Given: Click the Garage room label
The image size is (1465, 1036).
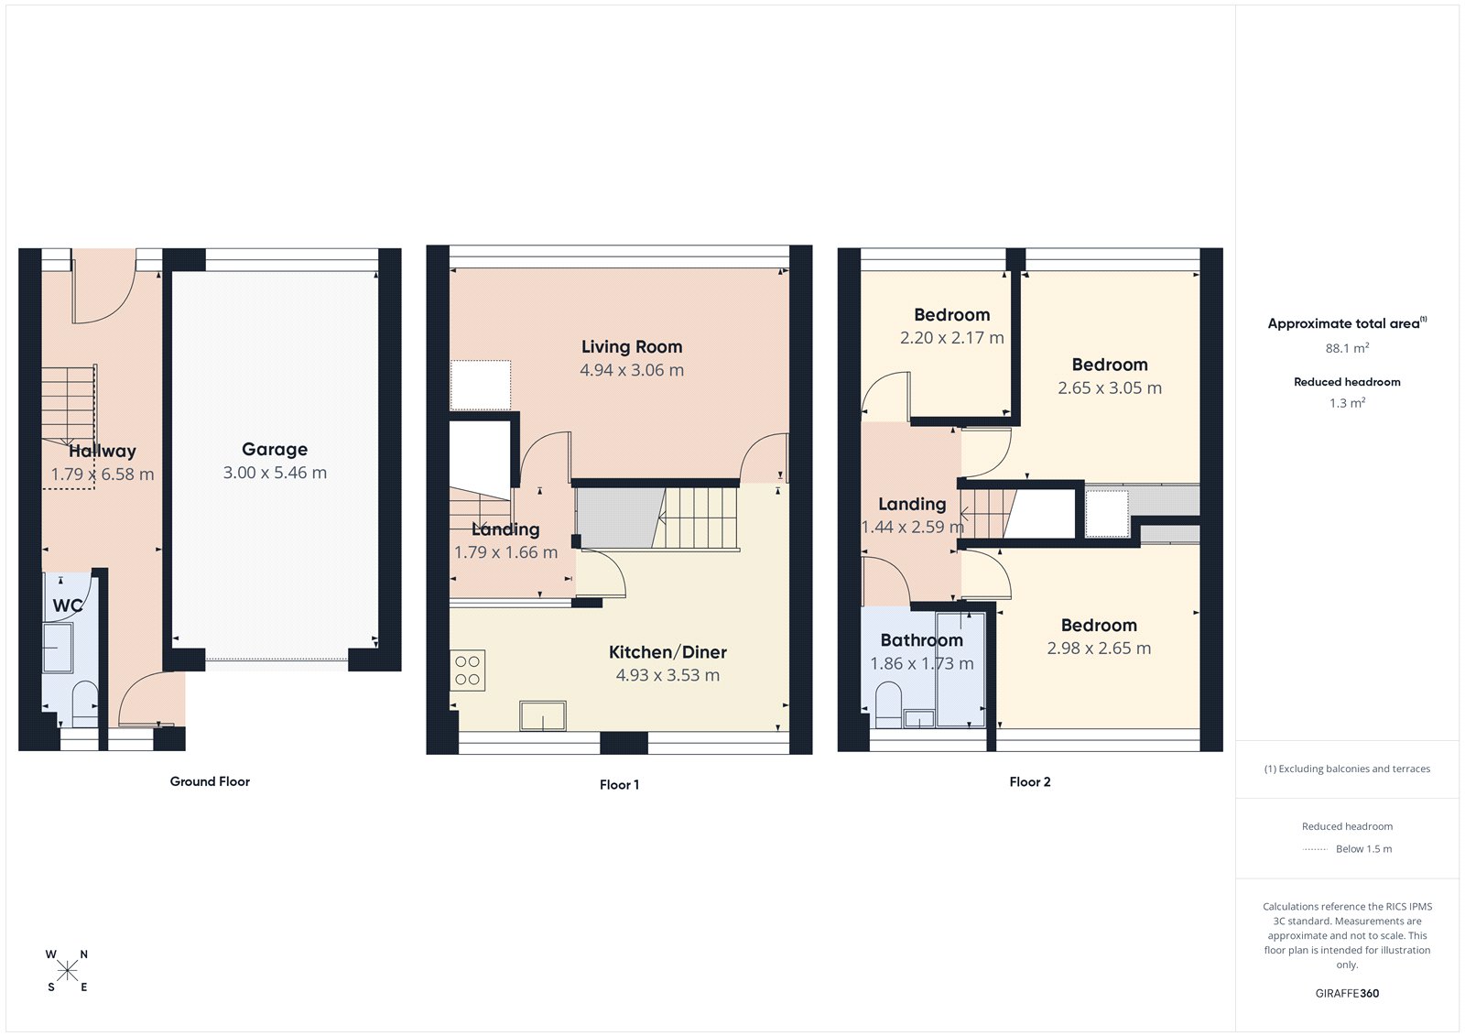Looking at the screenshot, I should pos(275,450).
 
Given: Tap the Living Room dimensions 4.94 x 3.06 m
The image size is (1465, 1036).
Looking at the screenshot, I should pos(632,370).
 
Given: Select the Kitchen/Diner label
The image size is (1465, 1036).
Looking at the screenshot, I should pos(667,652).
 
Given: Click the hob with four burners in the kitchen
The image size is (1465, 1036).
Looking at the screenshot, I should pos(467,671).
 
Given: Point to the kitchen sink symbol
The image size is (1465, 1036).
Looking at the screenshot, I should pos(543,715).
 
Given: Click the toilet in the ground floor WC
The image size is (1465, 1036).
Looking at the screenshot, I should pos(84,703).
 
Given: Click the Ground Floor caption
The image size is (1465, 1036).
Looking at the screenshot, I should pos(210,781).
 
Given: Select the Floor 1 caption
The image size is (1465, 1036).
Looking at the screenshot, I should pos(619,784).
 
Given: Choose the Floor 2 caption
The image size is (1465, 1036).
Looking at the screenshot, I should pos(1030,781).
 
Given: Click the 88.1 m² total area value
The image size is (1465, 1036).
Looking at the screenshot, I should pos(1347,348).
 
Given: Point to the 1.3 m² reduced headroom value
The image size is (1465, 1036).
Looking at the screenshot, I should pos(1347,403).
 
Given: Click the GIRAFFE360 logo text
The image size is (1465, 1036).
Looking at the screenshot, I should pos(1347,993).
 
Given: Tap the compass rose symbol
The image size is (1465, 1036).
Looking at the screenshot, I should pos(67,971).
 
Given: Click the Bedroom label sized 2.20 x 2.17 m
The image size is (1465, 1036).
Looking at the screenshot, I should pos(951,315).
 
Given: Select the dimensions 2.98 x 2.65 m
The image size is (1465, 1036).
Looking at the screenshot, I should pos(1099,648).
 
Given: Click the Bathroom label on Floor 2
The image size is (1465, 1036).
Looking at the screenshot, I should pos(921,640).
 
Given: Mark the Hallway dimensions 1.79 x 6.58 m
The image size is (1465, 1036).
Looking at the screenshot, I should pos(103,474).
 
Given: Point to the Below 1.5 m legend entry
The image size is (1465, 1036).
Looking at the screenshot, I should pos(1363,849).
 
